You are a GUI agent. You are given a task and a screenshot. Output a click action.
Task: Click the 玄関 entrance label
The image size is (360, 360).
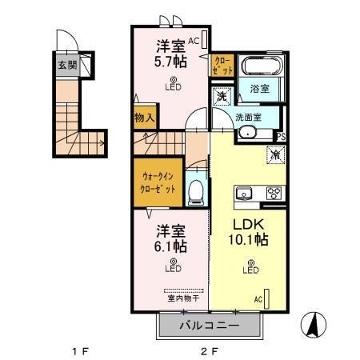[x=67, y=66]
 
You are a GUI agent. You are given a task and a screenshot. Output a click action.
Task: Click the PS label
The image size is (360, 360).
[x=280, y=137]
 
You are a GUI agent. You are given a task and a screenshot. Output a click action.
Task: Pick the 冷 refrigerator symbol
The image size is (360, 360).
[x=273, y=156]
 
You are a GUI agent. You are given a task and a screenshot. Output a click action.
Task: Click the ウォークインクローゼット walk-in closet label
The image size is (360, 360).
[x=154, y=182]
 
